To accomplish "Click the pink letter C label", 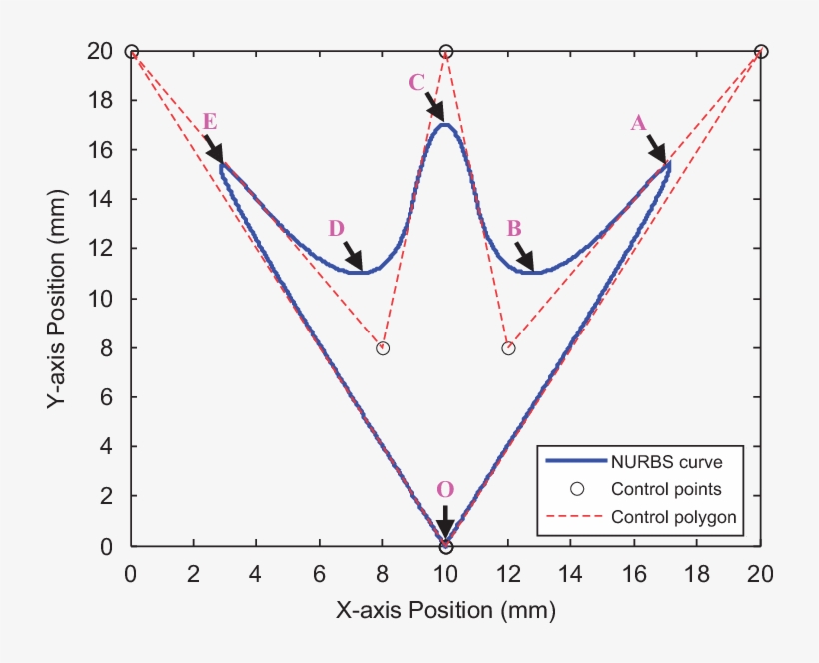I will click(417, 83).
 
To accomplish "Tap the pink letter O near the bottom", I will click(445, 489).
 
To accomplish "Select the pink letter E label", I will click(210, 121).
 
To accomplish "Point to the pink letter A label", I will click(639, 122).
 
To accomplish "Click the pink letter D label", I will click(336, 228).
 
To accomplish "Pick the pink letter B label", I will click(514, 228).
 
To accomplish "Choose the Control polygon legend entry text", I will click(673, 517).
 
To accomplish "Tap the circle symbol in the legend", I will click(576, 490).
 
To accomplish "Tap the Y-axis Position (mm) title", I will click(58, 300).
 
